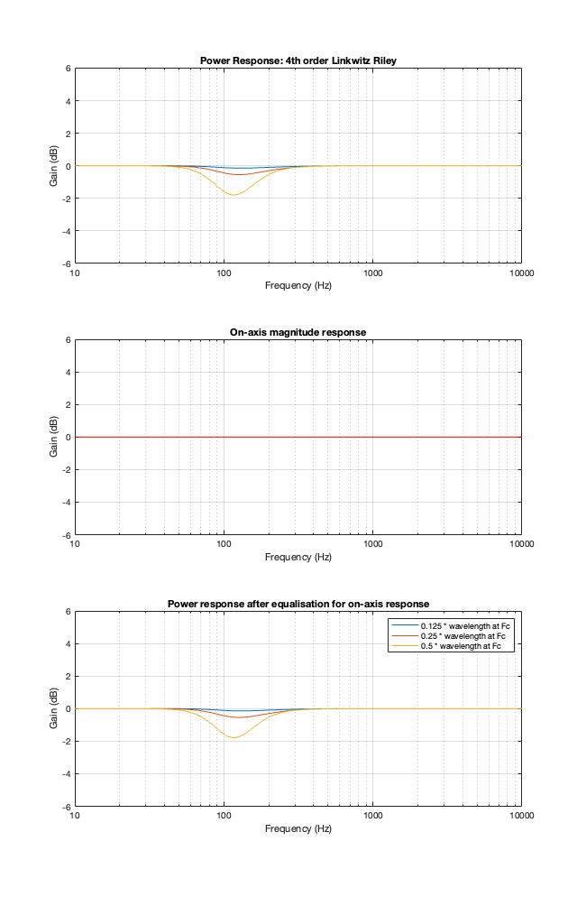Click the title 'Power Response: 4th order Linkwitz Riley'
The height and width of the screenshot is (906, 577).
tap(298, 60)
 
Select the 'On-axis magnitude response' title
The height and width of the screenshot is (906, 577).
tap(298, 332)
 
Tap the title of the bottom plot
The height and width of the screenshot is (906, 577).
tap(298, 604)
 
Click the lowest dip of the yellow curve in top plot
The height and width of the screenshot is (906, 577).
tap(234, 195)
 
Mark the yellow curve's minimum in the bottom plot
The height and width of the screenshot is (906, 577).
tap(234, 737)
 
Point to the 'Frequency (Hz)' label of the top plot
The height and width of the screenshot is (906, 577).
tap(298, 285)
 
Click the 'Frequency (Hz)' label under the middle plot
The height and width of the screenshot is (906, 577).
tap(298, 557)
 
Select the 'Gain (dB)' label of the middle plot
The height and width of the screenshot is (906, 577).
tap(55, 437)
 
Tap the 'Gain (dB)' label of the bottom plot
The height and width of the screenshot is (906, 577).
tap(55, 708)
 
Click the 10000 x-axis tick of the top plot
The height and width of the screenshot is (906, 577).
tap(521, 273)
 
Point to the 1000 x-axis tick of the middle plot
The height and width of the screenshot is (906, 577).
tap(372, 544)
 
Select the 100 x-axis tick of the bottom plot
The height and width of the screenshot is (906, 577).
tap(224, 816)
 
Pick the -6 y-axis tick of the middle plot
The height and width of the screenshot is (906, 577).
tap(66, 534)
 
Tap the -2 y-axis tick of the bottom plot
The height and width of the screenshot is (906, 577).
tap(66, 741)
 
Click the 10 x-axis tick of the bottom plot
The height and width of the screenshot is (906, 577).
tap(75, 816)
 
